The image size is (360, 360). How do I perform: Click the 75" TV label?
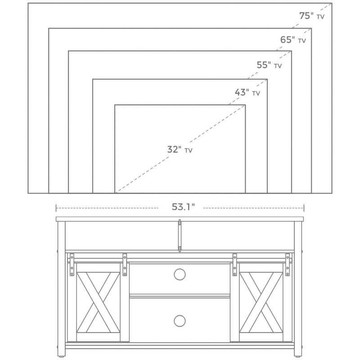[311, 16]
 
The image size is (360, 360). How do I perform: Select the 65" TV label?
[293, 40]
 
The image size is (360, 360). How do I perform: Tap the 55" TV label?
[269, 65]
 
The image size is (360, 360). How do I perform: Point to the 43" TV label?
[247, 92]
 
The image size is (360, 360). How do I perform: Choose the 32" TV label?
[180, 149]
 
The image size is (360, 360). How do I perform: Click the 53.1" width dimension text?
[183, 207]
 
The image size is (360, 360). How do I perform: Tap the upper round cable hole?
[180, 274]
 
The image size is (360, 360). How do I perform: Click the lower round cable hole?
[180, 321]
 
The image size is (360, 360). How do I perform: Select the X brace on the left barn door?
[98, 302]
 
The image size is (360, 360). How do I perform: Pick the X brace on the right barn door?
[261, 302]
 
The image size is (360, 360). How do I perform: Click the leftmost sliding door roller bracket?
[72, 265]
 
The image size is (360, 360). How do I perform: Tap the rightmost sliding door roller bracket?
[287, 265]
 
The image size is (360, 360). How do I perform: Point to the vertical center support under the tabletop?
[180, 235]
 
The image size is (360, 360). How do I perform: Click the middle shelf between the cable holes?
[180, 296]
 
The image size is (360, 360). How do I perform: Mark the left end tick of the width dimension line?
[56, 208]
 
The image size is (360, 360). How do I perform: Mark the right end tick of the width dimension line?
[304, 208]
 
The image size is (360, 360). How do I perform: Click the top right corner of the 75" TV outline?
[332, 3]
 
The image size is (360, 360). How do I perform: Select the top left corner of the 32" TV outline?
[115, 105]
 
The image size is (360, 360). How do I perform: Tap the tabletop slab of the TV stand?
[180, 219]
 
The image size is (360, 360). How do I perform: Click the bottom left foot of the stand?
[61, 357]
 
